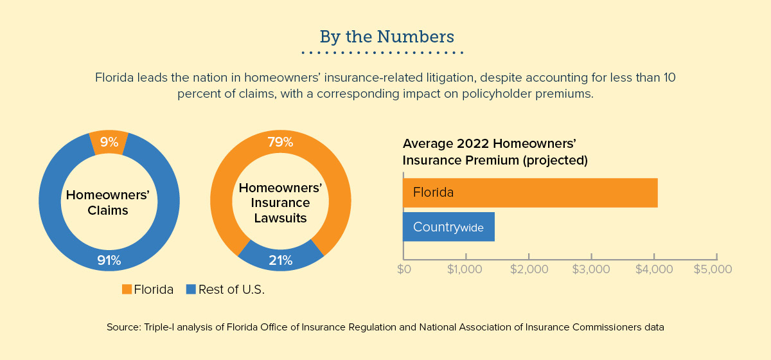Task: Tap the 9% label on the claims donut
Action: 109,143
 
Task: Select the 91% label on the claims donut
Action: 109,260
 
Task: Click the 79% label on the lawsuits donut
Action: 280,141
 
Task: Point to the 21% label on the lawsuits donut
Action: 280,260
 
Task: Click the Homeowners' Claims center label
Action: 108,203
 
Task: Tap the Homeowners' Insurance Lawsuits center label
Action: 280,203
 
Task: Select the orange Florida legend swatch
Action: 127,290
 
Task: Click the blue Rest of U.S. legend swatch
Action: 190,290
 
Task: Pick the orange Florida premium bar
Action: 530,192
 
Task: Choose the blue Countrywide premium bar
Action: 448,227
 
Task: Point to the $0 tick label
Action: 403,269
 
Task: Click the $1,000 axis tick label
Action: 466,269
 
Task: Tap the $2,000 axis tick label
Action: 529,269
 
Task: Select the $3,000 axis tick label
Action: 591,269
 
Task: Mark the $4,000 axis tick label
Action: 653,269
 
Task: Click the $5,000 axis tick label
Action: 713,269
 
